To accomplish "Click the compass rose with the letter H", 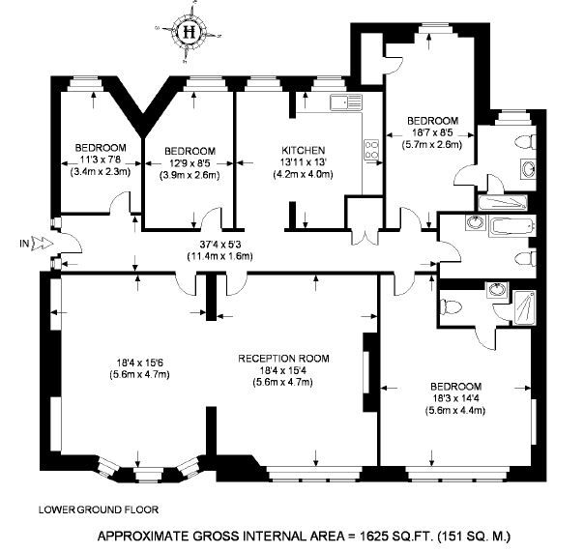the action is coord(190,33).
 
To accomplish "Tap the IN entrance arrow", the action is coord(44,244).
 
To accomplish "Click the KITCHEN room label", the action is coord(304,151).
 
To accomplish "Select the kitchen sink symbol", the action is coord(346,102).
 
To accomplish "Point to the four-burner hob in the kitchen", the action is coord(371,150).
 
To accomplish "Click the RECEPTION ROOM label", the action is coord(283,359).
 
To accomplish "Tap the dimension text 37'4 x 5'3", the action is coord(221,245).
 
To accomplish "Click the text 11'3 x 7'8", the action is coord(101,160).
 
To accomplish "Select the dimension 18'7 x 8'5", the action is coord(432,133).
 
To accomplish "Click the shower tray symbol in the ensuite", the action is coord(525,307).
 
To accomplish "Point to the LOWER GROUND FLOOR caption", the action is coord(99,509).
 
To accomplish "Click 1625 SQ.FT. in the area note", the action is coord(395,537).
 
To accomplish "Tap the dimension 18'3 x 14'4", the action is coord(455,398).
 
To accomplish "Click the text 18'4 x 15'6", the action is coord(140,363).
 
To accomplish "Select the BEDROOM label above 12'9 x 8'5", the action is coord(190,151).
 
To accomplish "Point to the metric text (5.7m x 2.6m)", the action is coord(432,144).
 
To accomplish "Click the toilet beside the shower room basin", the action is coord(451,307).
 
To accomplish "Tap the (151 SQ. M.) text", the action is coord(474,537).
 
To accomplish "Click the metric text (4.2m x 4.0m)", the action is coord(304,174).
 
